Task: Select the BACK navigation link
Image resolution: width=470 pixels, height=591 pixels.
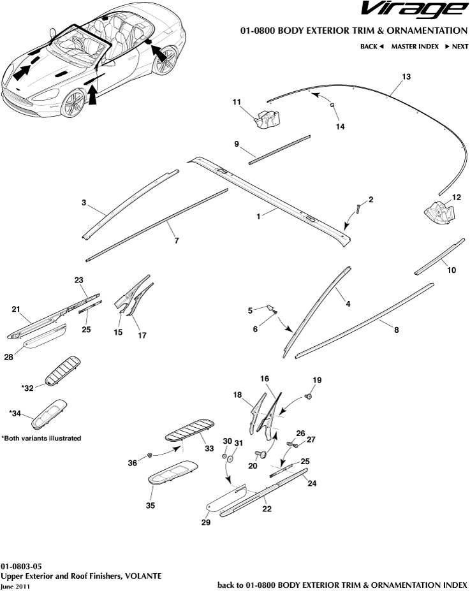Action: coord(371,47)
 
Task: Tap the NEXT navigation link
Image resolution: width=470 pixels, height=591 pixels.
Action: coord(456,47)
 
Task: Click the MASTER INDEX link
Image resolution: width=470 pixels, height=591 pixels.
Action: coord(415,47)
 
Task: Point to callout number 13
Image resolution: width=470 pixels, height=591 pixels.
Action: coord(405,77)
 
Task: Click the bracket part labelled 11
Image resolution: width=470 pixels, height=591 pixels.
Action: coord(267,119)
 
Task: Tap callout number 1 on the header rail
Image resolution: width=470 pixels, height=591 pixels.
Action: coord(259,217)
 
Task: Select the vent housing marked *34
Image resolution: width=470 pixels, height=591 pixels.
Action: coord(48,414)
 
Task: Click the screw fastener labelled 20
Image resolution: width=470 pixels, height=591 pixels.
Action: coord(261,455)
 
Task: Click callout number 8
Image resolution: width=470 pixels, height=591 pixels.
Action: coord(397,330)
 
